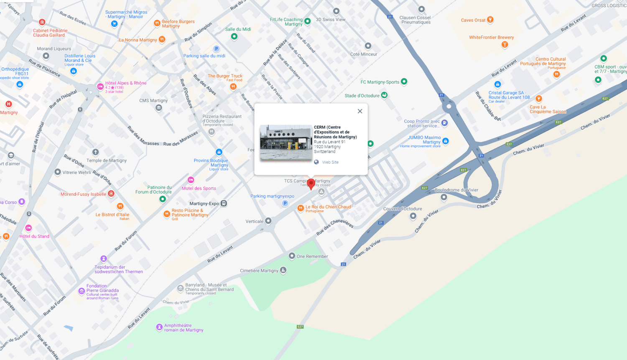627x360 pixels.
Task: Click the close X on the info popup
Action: tap(360, 111)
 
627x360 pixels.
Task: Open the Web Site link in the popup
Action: tap(330, 162)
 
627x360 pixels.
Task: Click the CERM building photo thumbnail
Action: tap(286, 143)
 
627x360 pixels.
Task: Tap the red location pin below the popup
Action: tap(311, 184)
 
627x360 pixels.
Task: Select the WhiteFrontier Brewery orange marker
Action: tap(505, 45)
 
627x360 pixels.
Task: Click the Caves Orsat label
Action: tap(473, 20)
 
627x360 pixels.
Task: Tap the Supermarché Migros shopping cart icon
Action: tap(114, 24)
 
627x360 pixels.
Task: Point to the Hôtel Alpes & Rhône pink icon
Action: tap(100, 87)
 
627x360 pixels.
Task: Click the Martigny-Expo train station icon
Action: tap(224, 204)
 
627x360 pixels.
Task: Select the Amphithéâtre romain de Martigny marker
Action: tap(159, 327)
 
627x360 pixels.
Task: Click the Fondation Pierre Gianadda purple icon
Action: tap(82, 291)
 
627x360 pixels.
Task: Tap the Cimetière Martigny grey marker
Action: tap(283, 270)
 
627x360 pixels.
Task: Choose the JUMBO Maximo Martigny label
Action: tap(424, 140)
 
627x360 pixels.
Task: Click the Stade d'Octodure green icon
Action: tap(384, 95)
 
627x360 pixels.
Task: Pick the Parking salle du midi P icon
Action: tap(216, 49)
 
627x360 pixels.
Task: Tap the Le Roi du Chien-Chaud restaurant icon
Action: tap(300, 208)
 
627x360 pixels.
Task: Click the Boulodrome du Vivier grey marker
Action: tap(444, 197)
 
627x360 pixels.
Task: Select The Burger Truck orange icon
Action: tap(233, 87)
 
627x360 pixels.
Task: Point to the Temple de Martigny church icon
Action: tap(95, 152)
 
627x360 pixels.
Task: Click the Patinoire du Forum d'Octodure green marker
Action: tap(163, 199)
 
